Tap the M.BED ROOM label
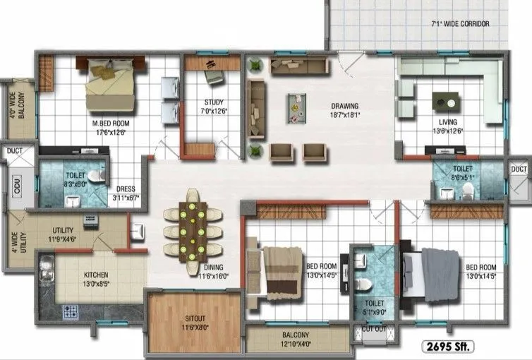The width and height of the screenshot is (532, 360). (109, 123)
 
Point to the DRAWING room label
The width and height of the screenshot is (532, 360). (344, 107)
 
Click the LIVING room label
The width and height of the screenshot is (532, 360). (447, 121)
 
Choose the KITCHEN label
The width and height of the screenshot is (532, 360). (97, 275)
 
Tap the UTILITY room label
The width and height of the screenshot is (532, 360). (64, 230)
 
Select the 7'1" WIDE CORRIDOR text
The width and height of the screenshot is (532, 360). (460, 23)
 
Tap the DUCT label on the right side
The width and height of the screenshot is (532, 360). (519, 169)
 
